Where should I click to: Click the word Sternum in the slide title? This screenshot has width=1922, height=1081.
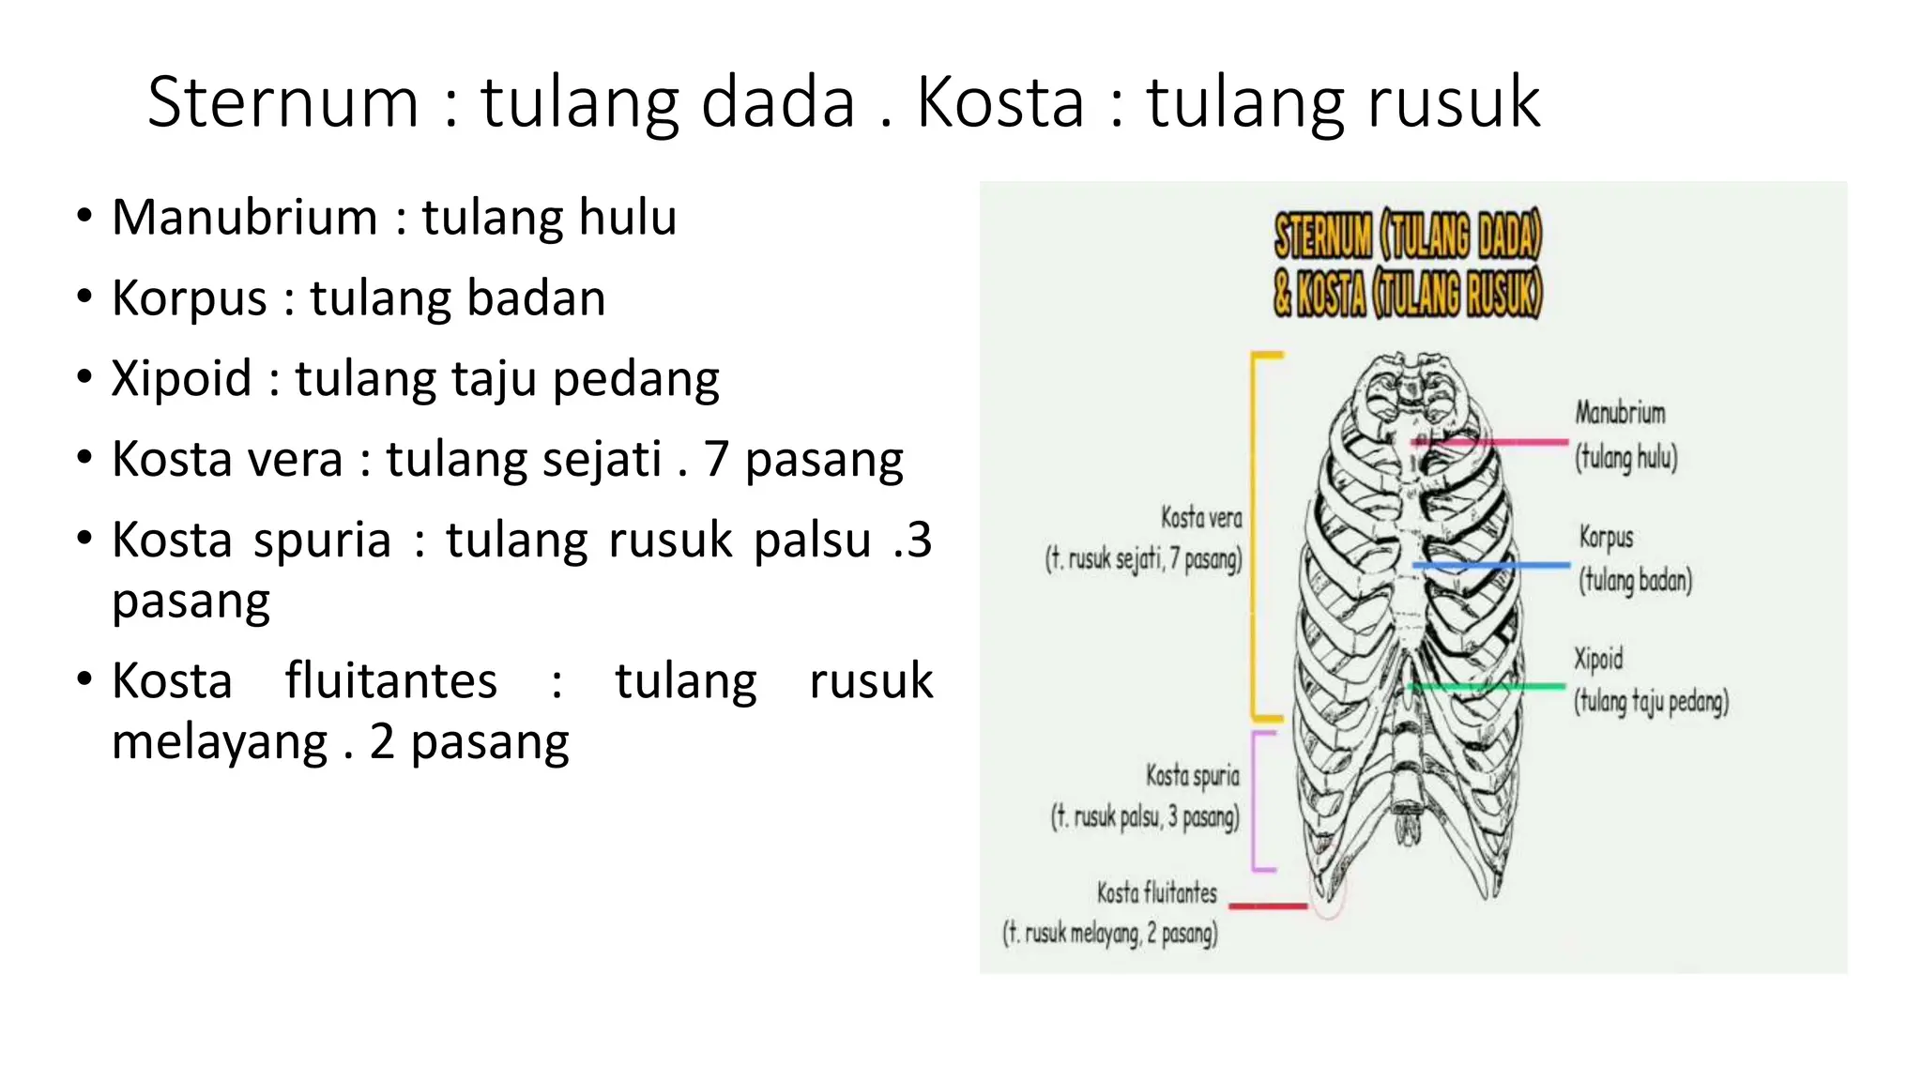pyautogui.click(x=282, y=102)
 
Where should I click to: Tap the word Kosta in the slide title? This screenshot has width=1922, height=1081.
pyautogui.click(x=999, y=102)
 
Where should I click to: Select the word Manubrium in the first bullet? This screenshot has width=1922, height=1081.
pyautogui.click(x=244, y=218)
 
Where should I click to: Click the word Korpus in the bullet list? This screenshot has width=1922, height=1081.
pyautogui.click(x=190, y=299)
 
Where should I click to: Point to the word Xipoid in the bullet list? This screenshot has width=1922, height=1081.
pyautogui.click(x=181, y=379)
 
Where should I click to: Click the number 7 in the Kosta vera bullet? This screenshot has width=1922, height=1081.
pyautogui.click(x=716, y=460)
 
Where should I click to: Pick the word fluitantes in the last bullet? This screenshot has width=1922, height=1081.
pyautogui.click(x=390, y=681)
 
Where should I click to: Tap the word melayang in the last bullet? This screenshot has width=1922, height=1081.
pyautogui.click(x=220, y=742)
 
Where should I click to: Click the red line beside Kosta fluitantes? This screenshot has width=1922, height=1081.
pyautogui.click(x=1267, y=906)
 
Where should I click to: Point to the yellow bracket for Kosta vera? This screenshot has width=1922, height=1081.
pyautogui.click(x=1255, y=535)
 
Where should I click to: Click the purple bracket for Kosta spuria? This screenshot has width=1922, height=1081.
pyautogui.click(x=1255, y=800)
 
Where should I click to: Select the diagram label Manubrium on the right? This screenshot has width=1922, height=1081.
pyautogui.click(x=1620, y=413)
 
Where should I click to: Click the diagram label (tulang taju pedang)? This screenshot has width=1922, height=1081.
pyautogui.click(x=1651, y=702)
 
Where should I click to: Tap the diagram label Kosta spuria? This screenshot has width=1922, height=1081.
pyautogui.click(x=1192, y=776)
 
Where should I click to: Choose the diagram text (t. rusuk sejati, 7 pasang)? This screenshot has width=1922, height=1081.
pyautogui.click(x=1143, y=559)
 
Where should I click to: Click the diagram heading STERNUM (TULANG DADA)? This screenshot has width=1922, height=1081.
pyautogui.click(x=1407, y=236)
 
